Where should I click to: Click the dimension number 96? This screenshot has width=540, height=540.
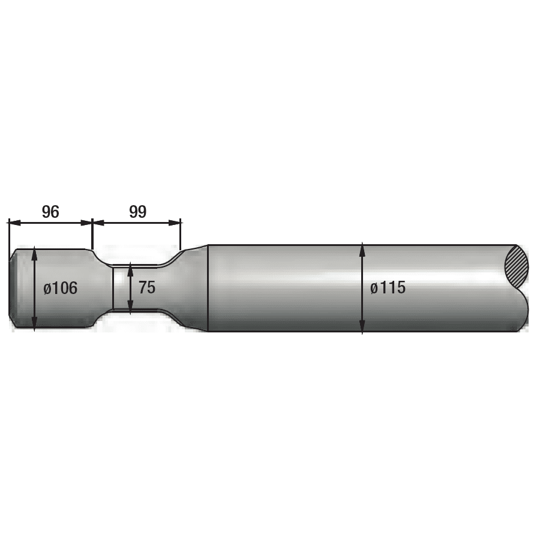[x=50, y=211]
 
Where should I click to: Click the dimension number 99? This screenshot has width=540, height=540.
[x=138, y=211]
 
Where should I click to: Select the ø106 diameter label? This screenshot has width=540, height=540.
[x=60, y=288]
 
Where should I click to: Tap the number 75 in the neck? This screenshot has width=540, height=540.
[x=147, y=287]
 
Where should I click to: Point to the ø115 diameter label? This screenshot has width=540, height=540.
[x=388, y=287]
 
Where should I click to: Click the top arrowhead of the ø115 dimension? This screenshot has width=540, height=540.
[x=362, y=250]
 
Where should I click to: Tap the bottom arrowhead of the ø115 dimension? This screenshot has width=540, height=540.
[x=362, y=326]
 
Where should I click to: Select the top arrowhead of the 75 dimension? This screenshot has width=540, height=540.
[x=130, y=270]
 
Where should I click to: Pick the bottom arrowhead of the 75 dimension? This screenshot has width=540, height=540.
[x=130, y=306]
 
